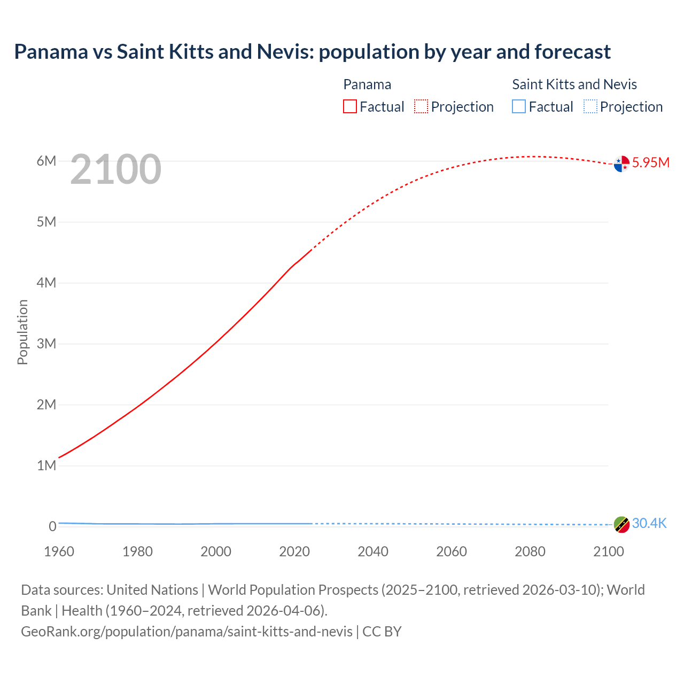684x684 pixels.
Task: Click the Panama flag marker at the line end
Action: coord(621,164)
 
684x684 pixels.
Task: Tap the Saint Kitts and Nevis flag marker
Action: coord(621,525)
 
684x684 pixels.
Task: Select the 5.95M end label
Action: coord(650,162)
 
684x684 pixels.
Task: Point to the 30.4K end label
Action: coord(649,523)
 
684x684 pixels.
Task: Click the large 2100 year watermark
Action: coord(115,169)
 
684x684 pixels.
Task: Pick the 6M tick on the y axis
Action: coord(46,161)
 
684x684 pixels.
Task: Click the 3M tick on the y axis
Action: coord(46,344)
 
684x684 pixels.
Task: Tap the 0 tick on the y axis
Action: coord(52,526)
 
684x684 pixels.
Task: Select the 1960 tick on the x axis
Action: coord(59,551)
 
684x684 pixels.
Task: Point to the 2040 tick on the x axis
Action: coord(373,551)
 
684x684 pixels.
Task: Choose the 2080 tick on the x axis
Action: coord(530,551)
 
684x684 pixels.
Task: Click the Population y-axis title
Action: coord(22,332)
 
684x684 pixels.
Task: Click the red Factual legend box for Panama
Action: coord(350,106)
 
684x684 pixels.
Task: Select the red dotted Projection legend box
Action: coord(421,106)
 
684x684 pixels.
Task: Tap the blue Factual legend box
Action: coord(519,106)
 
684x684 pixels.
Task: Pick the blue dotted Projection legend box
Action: coord(590,106)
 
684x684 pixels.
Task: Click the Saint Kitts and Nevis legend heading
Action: coord(574,84)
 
